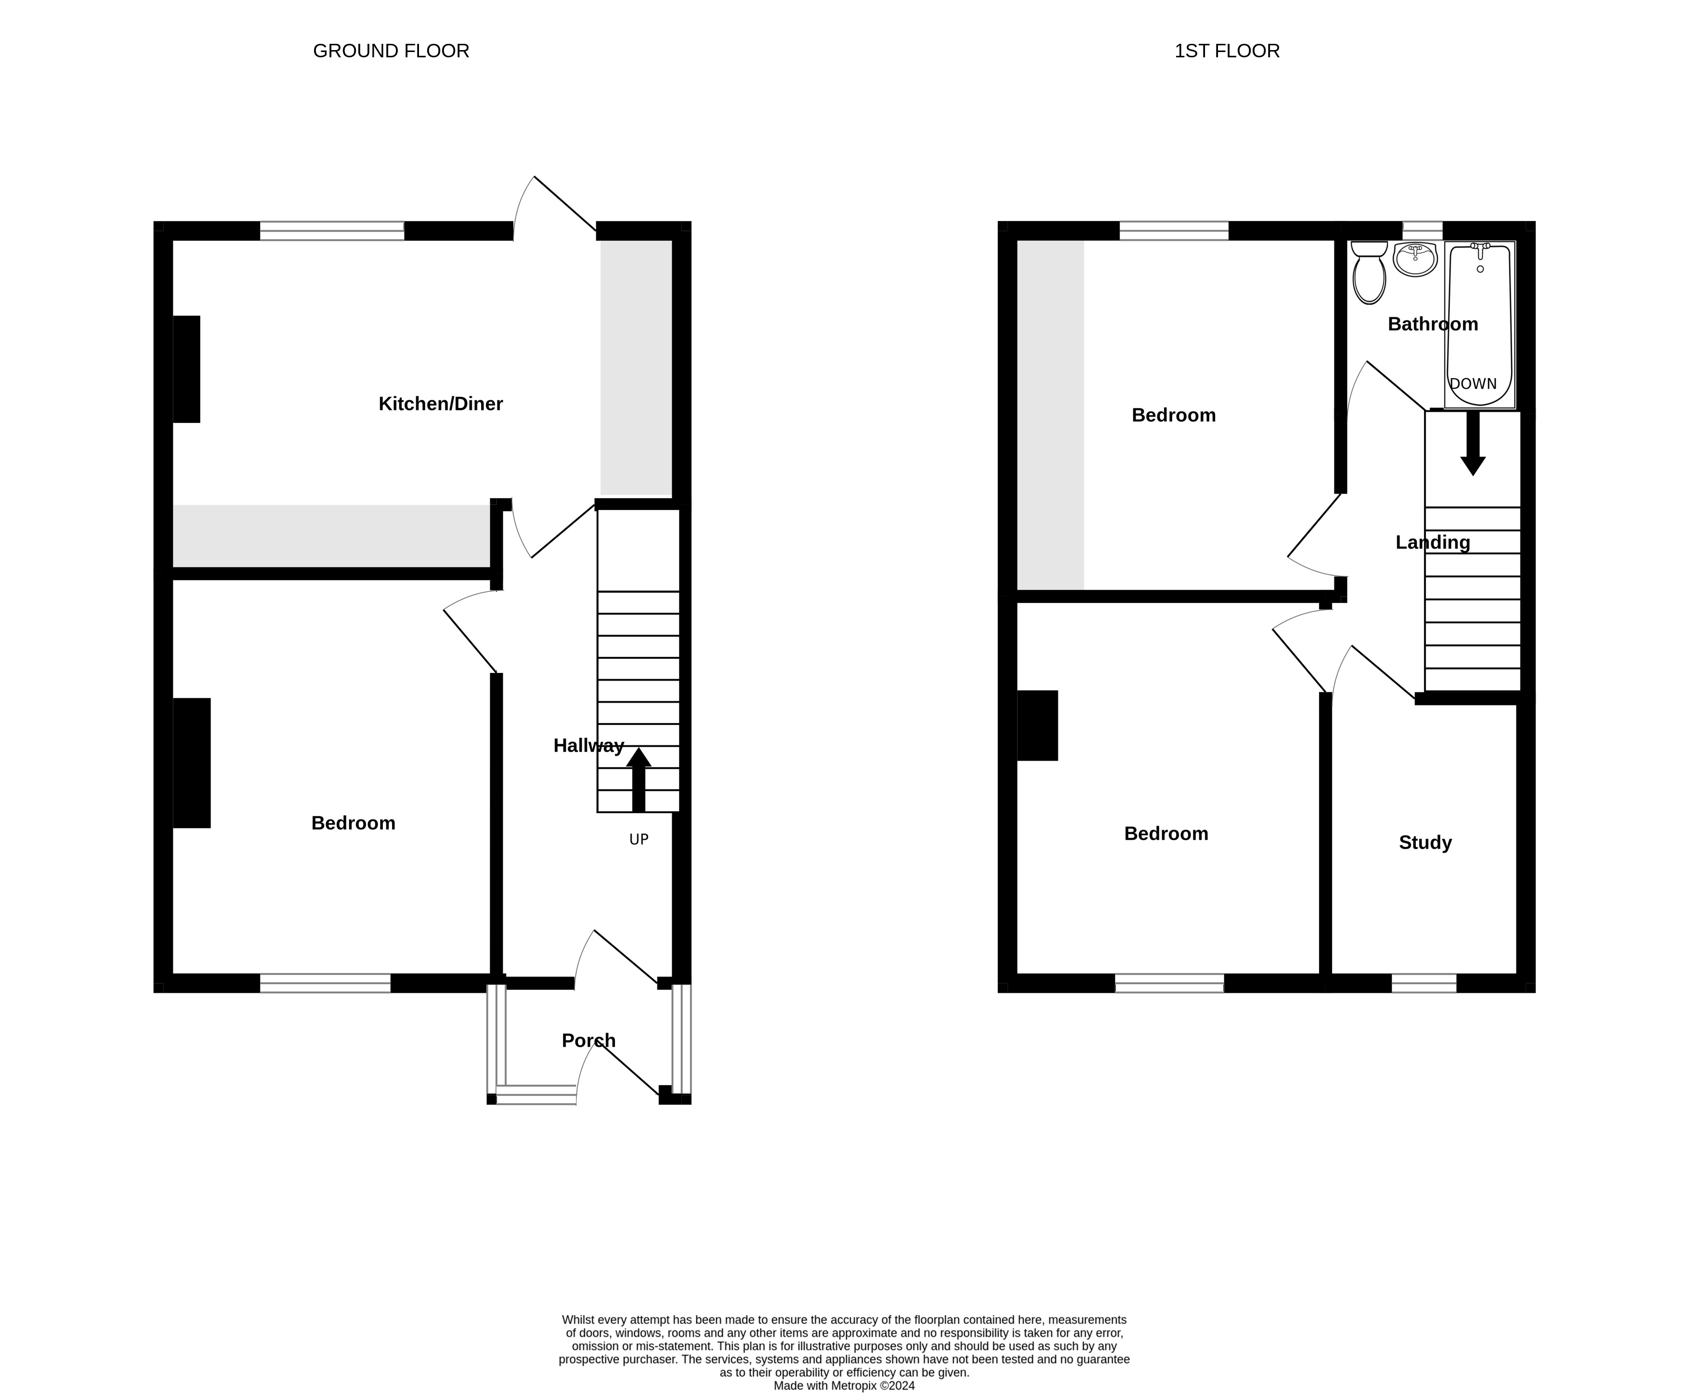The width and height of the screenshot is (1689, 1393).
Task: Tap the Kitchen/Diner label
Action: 441,404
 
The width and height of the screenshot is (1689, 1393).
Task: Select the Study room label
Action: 1425,842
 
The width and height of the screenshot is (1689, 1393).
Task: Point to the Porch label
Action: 588,1041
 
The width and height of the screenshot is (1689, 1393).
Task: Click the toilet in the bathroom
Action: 1369,272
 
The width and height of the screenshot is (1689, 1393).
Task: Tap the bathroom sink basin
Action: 1414,258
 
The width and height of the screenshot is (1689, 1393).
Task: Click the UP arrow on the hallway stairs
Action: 639,780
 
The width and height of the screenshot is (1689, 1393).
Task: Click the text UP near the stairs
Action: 639,840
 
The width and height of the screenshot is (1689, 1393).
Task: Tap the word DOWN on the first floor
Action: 1473,383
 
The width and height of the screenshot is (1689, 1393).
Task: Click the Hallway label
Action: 588,746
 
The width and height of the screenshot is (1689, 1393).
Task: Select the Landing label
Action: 1432,542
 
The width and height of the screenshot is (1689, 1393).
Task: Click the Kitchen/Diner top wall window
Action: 332,231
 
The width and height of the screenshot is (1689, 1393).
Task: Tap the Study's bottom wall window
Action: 1424,983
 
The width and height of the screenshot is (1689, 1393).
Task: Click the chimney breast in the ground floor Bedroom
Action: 192,762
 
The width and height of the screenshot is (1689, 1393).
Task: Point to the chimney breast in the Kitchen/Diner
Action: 187,369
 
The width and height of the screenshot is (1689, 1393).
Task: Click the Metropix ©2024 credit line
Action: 844,1385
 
